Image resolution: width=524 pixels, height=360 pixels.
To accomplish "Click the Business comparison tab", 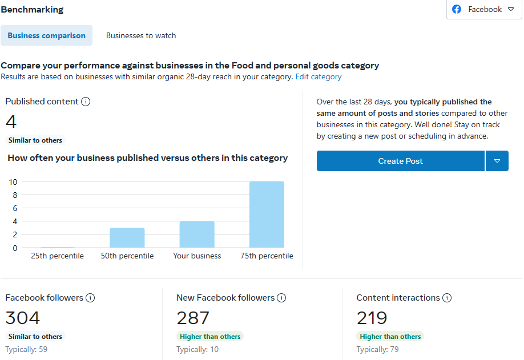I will tap(47, 35).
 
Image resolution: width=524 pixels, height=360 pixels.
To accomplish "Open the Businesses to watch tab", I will tap(141, 35).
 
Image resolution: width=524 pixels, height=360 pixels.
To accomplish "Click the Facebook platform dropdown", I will tap(484, 10).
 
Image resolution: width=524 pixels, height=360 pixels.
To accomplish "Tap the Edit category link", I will tap(319, 76).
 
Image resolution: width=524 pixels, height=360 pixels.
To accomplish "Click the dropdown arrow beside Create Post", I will tap(497, 161).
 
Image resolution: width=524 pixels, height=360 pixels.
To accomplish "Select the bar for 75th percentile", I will tap(267, 215).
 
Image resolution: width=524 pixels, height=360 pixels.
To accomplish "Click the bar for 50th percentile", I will tap(127, 238).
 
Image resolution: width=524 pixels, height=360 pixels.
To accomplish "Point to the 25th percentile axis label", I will tap(57, 256).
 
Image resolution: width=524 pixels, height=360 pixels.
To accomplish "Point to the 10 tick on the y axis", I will tap(13, 182).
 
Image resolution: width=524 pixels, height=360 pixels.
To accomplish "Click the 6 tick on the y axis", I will tap(15, 208).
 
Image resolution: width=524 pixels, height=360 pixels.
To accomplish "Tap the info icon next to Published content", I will tap(86, 102).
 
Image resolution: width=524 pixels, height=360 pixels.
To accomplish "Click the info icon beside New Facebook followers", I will tap(281, 298).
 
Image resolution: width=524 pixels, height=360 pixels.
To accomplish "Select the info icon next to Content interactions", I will tap(447, 298).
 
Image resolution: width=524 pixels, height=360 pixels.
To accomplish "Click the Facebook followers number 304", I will tap(23, 318).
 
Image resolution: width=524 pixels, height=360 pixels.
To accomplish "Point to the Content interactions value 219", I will tap(372, 318).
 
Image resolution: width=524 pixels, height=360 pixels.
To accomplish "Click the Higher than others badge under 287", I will tap(210, 337).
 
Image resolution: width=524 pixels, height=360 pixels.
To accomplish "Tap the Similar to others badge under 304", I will tap(35, 337).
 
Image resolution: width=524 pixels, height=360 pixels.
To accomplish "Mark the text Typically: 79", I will tap(377, 349).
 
